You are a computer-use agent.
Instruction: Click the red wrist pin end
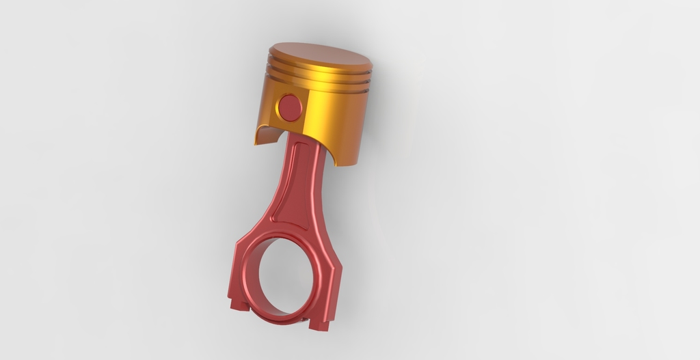click(x=291, y=107)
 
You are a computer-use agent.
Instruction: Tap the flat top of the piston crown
click(x=320, y=55)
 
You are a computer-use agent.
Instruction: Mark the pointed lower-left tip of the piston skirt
click(x=255, y=143)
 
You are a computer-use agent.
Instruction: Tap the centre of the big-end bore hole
click(x=287, y=277)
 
